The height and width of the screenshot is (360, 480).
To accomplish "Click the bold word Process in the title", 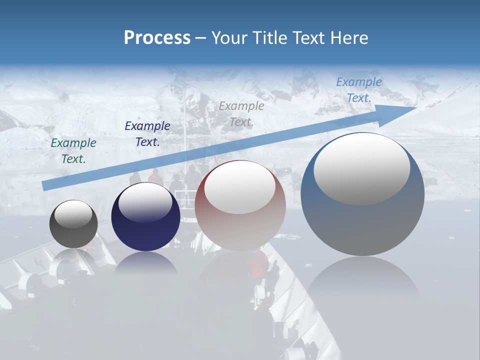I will (157, 38).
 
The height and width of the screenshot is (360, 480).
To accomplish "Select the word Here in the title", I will (348, 38).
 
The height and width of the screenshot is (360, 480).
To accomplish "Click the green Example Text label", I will (73, 150).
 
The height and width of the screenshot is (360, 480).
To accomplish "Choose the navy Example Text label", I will (147, 133).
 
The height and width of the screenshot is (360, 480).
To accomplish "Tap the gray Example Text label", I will (241, 113).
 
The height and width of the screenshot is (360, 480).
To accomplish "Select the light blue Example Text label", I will (359, 90).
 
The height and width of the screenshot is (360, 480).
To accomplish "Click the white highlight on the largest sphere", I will (361, 168).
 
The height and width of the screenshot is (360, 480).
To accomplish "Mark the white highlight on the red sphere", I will (239, 187).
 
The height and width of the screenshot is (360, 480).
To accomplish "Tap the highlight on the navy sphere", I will (145, 202).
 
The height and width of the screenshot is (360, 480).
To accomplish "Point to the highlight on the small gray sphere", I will (73, 214).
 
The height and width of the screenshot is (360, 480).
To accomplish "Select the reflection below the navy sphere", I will (145, 262).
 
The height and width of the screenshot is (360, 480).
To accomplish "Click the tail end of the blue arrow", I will (45, 185).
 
